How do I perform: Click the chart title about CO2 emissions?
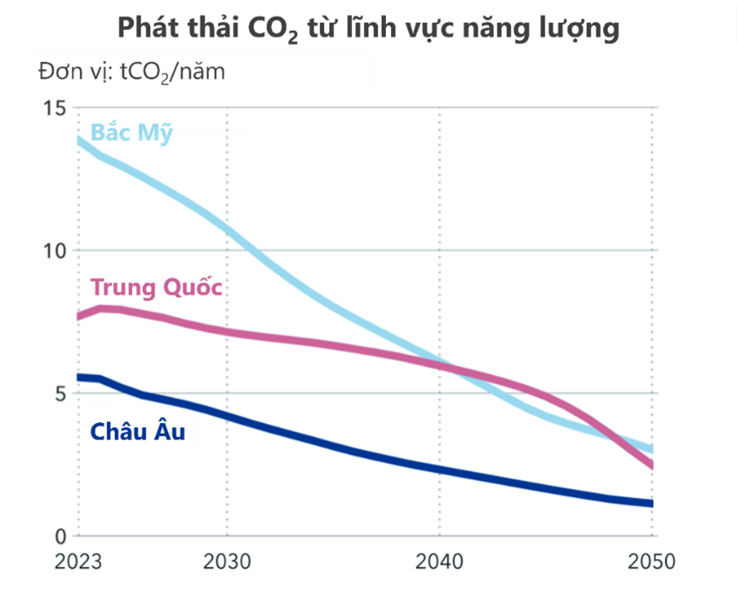(x=368, y=27)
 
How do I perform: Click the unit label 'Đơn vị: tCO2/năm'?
(x=132, y=72)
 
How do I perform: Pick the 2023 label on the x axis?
(x=78, y=561)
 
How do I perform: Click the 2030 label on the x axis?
(x=227, y=561)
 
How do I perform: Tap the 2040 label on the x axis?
(x=440, y=561)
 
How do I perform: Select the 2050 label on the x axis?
(x=652, y=561)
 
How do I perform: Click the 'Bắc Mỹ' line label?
(x=132, y=133)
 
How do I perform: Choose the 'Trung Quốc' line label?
(x=156, y=286)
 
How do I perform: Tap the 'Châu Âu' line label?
(x=138, y=430)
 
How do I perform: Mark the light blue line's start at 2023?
(x=79, y=139)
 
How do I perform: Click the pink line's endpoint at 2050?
(x=652, y=467)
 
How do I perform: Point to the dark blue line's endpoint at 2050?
(x=652, y=503)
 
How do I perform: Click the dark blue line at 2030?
(x=227, y=417)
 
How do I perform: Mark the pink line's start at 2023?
(x=79, y=317)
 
